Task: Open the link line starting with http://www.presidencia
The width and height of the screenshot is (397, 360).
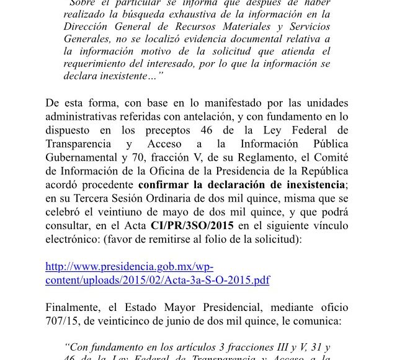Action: [130, 268]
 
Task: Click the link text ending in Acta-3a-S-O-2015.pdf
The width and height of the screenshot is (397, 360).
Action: [158, 280]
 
